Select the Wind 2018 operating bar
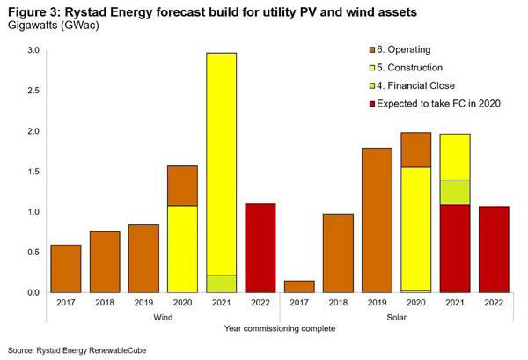click(105, 261)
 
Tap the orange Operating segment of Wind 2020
click(182, 186)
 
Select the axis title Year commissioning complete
click(281, 328)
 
